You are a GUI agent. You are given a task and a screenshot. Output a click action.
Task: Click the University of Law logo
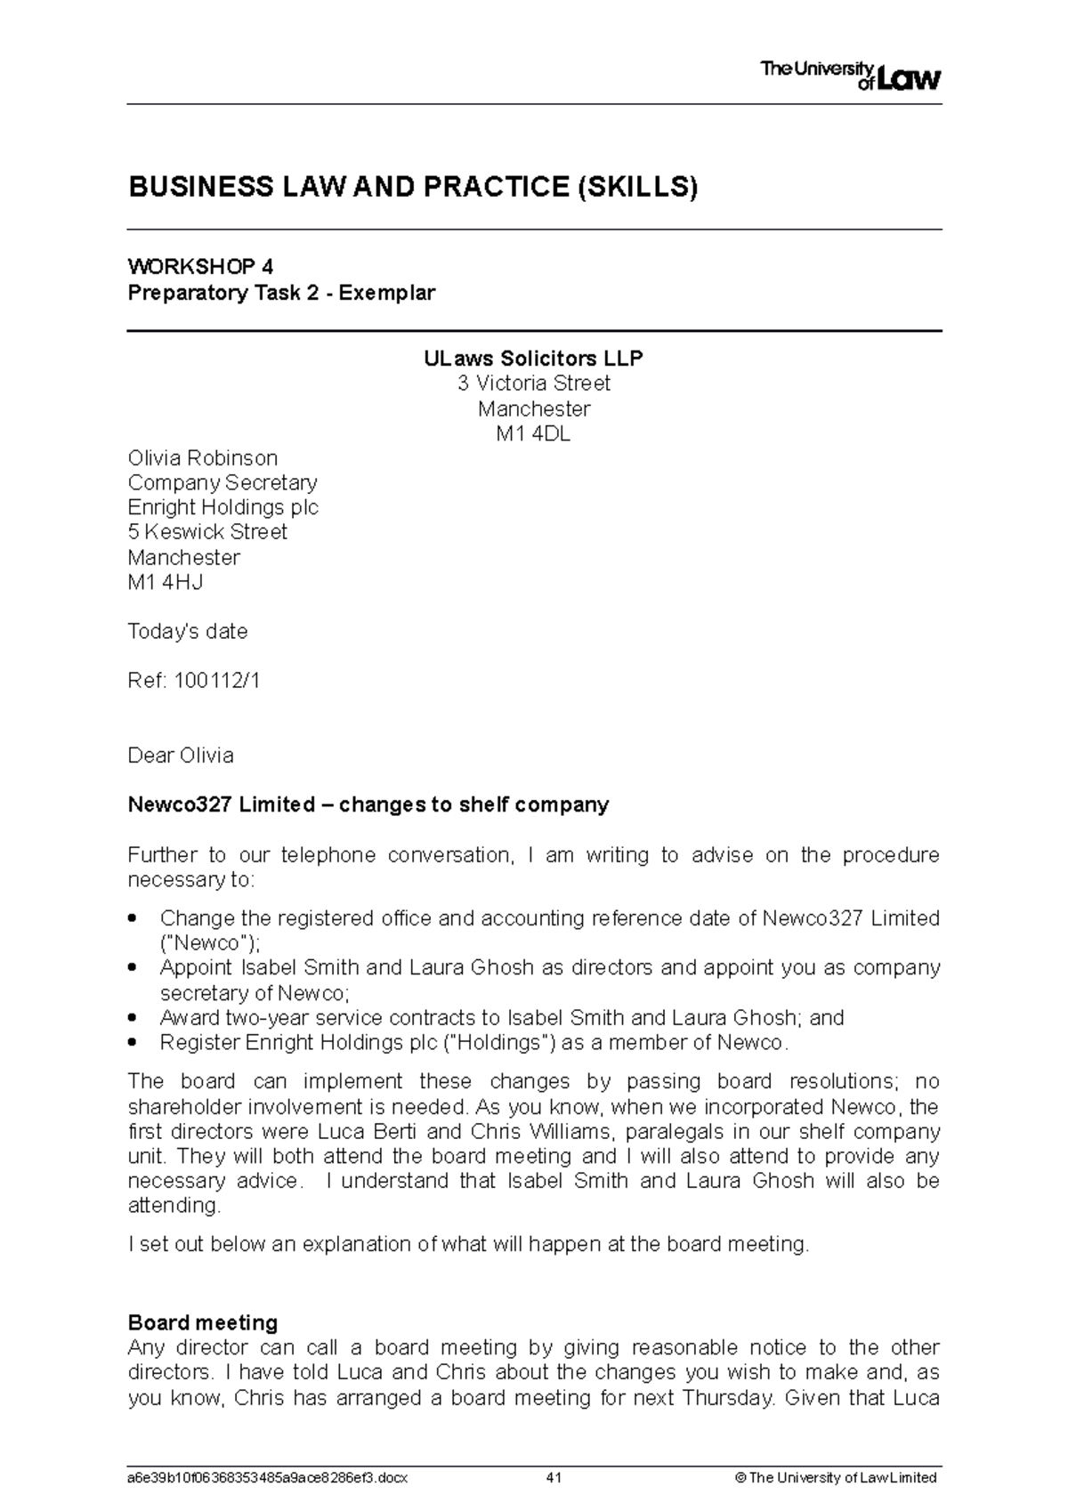click(x=850, y=76)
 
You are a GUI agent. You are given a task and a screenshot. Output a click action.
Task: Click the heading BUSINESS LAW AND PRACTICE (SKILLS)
click(x=413, y=187)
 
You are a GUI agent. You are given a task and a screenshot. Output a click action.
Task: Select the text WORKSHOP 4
click(x=200, y=266)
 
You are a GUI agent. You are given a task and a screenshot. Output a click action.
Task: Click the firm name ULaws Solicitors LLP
click(x=533, y=359)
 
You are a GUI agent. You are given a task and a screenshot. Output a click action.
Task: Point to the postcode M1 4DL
click(x=533, y=434)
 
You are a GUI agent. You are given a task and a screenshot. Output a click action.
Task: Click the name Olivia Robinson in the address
click(x=203, y=458)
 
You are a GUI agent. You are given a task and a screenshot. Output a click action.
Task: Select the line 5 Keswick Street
click(x=207, y=532)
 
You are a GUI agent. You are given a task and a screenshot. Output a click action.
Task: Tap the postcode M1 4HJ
click(x=166, y=583)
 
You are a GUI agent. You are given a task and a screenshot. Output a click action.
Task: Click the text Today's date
click(x=188, y=632)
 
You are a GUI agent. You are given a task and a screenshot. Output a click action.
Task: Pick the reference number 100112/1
click(x=218, y=682)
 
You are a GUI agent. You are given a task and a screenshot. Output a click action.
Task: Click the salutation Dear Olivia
click(x=181, y=755)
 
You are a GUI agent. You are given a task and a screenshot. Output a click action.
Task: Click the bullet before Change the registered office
click(x=133, y=917)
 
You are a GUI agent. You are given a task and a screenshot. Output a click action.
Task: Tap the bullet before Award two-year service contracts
click(x=133, y=1017)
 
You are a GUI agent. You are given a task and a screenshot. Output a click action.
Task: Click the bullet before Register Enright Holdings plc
click(x=133, y=1042)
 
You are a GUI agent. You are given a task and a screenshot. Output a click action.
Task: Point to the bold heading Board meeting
click(x=203, y=1322)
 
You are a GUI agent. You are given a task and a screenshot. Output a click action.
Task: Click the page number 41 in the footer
click(x=554, y=1478)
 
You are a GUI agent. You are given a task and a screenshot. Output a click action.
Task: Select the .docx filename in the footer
click(x=268, y=1478)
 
